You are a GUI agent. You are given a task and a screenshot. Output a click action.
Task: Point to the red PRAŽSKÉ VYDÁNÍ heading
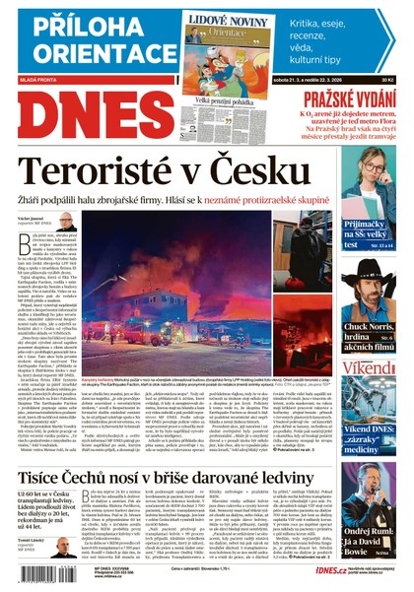click(x=348, y=99)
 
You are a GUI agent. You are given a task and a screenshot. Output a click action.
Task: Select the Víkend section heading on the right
click(x=369, y=368)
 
